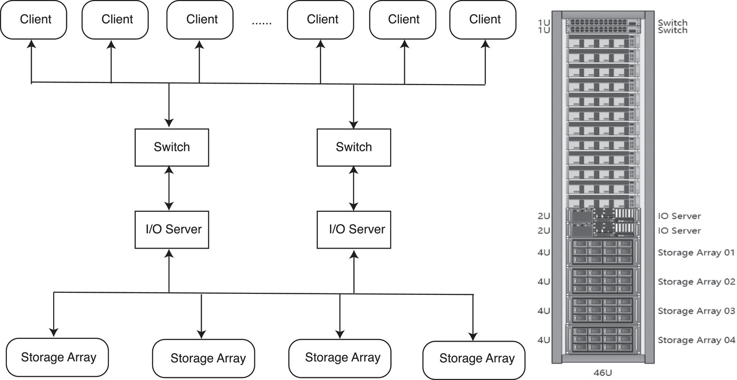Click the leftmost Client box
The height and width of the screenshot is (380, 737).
[34, 19]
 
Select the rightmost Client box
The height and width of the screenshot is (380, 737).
[483, 19]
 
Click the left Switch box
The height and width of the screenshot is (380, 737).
[172, 147]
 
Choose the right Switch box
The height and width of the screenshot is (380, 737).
[354, 147]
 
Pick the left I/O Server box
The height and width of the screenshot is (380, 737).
[172, 230]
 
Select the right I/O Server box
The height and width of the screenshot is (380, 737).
[354, 230]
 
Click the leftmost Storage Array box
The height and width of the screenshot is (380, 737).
[57, 357]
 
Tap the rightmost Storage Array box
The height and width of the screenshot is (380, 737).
[474, 360]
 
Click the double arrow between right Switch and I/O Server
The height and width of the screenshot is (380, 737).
[353, 189]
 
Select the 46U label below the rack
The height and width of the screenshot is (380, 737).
[602, 373]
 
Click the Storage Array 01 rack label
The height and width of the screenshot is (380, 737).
[696, 253]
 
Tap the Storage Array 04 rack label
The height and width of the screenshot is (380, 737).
[696, 340]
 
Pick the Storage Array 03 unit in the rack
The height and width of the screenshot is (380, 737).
[603, 310]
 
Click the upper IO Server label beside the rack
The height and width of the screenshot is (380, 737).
[679, 216]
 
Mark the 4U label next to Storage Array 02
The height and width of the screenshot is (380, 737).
[543, 282]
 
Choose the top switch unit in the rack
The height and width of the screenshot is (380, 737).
[603, 22]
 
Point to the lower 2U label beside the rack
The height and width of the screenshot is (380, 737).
[543, 231]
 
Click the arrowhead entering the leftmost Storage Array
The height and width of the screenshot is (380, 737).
[54, 332]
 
